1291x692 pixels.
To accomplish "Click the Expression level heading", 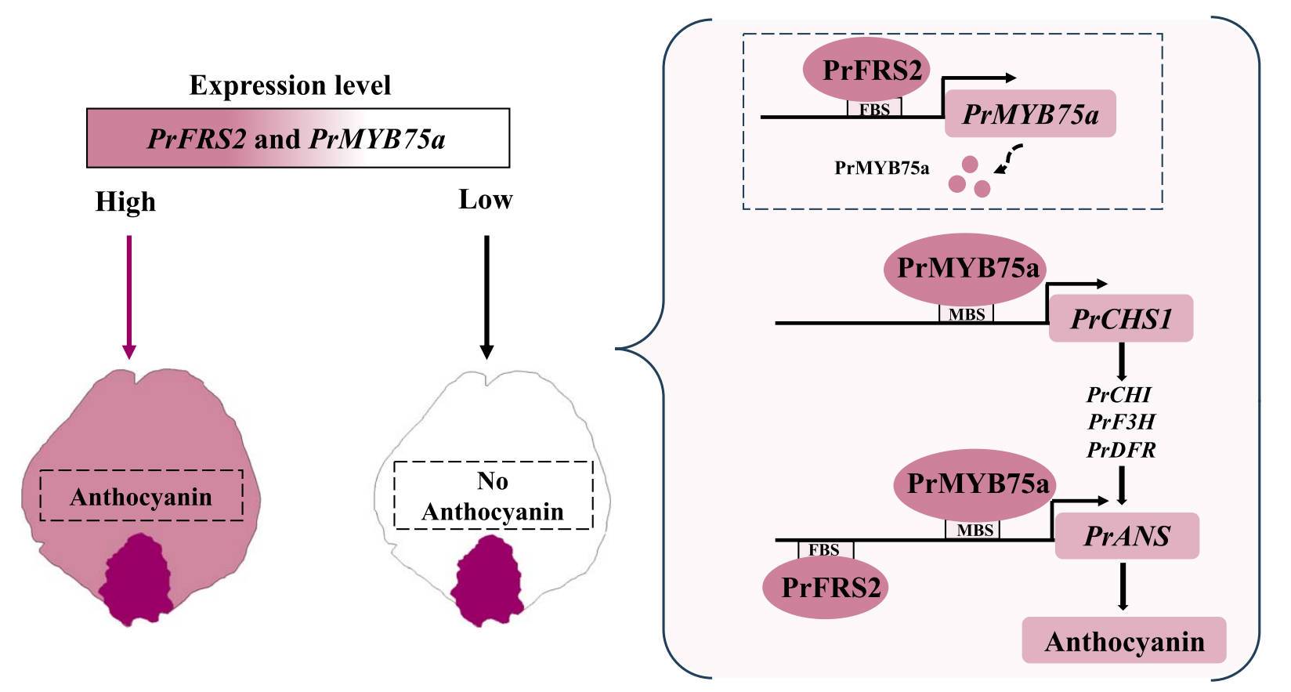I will [290, 85].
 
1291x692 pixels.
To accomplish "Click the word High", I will [125, 202].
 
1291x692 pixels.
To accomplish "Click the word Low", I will [485, 200].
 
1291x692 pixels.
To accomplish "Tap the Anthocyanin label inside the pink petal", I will [141, 497].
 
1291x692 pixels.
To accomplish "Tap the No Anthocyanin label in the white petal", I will [493, 496].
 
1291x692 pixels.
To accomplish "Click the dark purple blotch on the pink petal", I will [136, 579].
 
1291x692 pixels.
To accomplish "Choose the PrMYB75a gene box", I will [1030, 114].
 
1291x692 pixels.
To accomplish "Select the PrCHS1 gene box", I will [1121, 319].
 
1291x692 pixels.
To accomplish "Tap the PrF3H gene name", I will [1121, 422].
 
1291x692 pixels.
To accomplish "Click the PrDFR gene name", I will [1121, 450].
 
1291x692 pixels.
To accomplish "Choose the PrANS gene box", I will [1126, 536].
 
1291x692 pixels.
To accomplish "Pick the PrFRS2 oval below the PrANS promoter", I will [831, 587].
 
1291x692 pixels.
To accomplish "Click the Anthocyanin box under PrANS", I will [1124, 641].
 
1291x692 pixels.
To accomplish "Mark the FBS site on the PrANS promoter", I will [825, 549].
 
